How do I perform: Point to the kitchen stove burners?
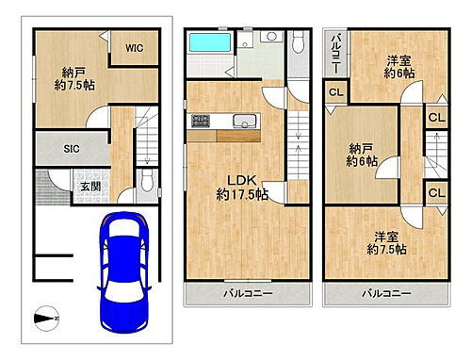click(201, 120)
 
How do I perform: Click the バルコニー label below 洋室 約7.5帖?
click(387, 294)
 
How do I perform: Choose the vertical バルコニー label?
click(334, 57)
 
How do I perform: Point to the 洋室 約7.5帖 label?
click(387, 242)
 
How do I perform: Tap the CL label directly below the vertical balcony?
click(336, 91)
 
